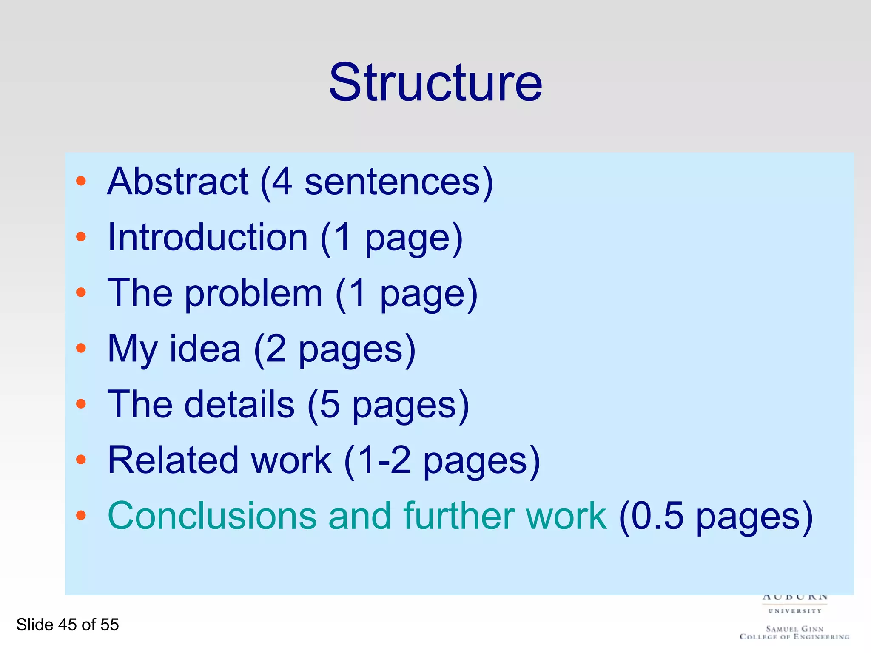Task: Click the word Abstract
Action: (x=178, y=182)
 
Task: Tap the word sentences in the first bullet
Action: (x=393, y=182)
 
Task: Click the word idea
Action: (x=205, y=349)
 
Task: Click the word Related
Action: (x=173, y=460)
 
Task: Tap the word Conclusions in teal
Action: (x=212, y=516)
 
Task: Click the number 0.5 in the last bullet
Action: (x=657, y=516)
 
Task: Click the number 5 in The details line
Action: (x=330, y=405)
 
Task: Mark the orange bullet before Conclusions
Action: (x=81, y=516)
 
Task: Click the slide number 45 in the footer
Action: (x=67, y=625)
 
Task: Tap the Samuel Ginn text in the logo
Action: (x=794, y=629)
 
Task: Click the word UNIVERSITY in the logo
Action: (x=794, y=611)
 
